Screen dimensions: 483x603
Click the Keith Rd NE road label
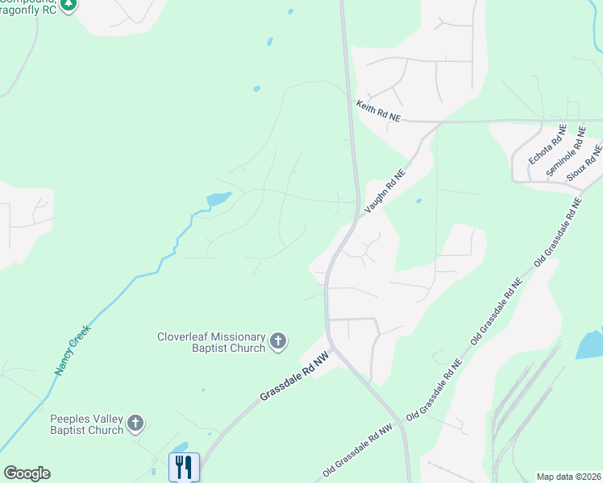point(378,111)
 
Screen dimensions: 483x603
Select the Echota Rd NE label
point(541,144)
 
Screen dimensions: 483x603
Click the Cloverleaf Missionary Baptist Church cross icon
point(278,341)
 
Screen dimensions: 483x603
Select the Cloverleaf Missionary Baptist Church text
point(212,342)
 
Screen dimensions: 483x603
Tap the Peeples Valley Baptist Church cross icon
point(135,423)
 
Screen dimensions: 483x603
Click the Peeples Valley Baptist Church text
point(87,424)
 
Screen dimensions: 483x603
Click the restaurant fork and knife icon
point(184,466)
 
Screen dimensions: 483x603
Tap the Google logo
point(27,473)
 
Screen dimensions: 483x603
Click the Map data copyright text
point(568,477)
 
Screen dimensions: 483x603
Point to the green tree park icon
point(69,4)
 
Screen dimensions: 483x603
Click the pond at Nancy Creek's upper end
point(218,198)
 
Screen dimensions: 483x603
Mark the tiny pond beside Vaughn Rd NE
point(418,201)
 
